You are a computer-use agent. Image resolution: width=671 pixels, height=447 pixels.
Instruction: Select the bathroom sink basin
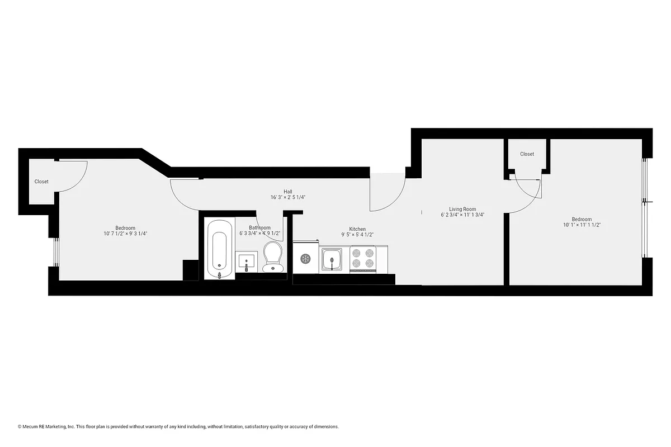pos(246,261)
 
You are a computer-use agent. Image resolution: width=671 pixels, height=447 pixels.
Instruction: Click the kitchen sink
pos(332,259)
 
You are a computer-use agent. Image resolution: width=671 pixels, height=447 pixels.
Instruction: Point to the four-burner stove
pos(362,259)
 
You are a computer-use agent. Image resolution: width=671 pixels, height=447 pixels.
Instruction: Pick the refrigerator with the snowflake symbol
pos(306,258)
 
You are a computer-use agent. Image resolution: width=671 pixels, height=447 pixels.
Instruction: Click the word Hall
pos(287,191)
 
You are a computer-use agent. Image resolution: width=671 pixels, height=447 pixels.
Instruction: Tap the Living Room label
pos(462,209)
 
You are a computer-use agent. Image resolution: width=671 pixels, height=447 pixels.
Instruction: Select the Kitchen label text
pos(357,229)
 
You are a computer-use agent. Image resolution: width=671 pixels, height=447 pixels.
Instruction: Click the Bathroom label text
pos(259,228)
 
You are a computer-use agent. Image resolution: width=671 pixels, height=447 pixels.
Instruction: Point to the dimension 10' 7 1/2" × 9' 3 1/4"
pos(125,234)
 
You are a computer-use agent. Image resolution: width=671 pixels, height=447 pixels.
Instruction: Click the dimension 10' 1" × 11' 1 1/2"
pos(582,225)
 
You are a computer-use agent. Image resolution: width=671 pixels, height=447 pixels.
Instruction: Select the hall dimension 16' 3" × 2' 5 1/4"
pos(287,197)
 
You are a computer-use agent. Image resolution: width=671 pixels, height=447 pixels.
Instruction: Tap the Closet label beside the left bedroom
pos(41,182)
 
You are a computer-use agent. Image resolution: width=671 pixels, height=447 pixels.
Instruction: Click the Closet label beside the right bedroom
pos(527,154)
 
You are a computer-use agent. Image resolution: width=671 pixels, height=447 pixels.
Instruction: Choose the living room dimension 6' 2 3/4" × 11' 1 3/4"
pos(462,215)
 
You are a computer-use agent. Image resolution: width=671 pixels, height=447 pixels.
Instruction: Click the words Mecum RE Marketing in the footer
pos(49,426)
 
